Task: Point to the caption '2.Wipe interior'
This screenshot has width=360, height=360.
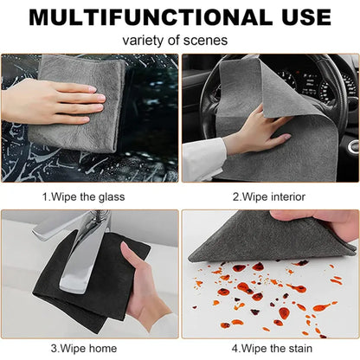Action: point(270,196)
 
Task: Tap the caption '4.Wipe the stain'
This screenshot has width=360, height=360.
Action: point(270,350)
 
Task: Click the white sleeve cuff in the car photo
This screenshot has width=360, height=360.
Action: point(201,158)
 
